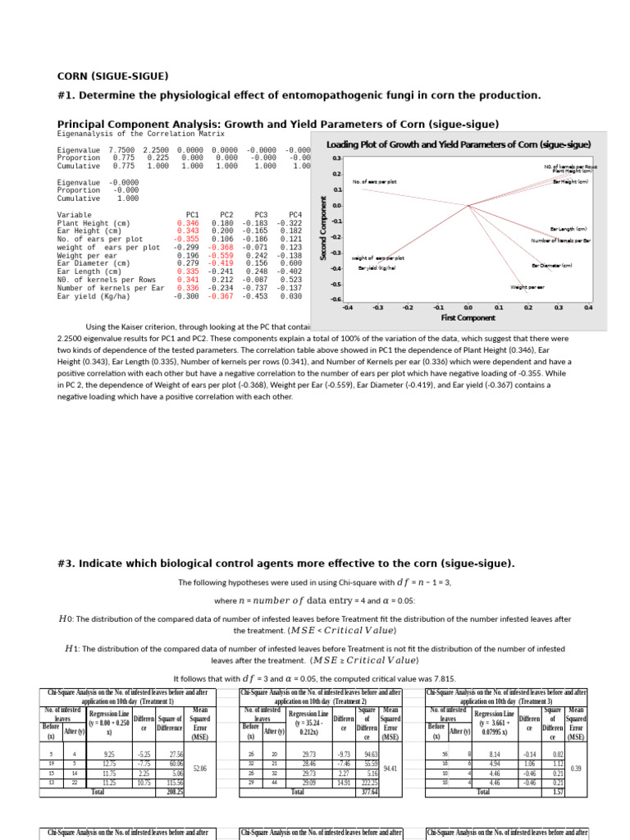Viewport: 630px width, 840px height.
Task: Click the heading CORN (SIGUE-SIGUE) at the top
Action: tap(112, 75)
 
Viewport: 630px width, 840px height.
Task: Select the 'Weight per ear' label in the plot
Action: tap(527, 288)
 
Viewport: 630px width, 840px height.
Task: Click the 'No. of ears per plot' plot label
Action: tap(374, 181)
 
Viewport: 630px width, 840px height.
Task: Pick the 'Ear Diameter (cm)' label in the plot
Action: tap(551, 265)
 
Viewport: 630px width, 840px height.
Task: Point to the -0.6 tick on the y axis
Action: tap(336, 299)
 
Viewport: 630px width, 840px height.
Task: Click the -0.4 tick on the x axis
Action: tap(347, 308)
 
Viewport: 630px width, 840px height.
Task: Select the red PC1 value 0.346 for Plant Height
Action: tap(187, 223)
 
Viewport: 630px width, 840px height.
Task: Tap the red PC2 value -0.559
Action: tap(221, 255)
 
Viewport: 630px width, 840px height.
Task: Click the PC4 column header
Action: tap(290, 215)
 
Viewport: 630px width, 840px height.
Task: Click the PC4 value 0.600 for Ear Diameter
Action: tap(290, 263)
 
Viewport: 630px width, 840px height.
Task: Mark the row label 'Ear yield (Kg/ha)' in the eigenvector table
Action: tap(93, 296)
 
